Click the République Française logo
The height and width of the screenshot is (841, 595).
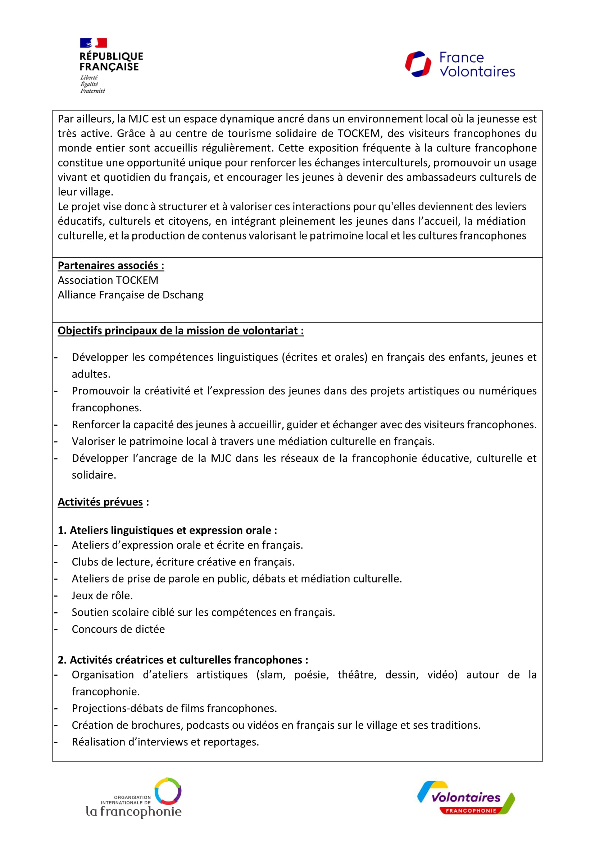111,65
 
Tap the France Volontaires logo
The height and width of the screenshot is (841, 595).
460,64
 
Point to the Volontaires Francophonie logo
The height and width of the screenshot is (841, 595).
466,798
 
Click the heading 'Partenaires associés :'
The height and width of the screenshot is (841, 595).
111,266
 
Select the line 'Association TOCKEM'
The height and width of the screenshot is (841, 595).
108,280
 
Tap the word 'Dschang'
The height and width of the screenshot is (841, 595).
183,295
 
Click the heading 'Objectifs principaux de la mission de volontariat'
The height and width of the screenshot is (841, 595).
181,331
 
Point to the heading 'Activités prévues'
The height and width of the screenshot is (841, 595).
100,502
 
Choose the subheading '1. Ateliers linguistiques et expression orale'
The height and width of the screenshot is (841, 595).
167,530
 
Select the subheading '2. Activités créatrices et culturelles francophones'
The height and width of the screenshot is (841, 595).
183,660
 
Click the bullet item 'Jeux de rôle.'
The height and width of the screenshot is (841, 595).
102,595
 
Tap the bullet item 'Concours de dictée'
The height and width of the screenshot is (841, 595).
118,629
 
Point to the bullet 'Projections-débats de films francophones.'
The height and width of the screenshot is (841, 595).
174,708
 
